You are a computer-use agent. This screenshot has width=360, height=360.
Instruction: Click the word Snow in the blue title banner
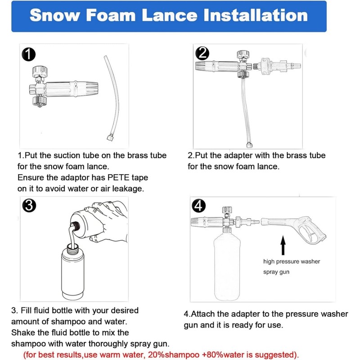[x=55, y=15]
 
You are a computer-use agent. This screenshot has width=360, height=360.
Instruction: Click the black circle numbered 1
[x=28, y=54]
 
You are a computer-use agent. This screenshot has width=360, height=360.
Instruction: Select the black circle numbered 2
[x=202, y=53]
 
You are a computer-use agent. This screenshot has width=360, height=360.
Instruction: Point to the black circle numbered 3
[x=29, y=206]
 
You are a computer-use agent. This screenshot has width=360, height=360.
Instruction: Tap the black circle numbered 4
[x=198, y=206]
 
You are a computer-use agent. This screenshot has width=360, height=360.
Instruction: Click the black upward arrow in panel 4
[x=283, y=245]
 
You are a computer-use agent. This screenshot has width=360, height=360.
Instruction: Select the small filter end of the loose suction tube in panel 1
[x=110, y=138]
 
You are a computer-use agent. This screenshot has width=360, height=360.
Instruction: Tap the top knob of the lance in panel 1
[x=40, y=72]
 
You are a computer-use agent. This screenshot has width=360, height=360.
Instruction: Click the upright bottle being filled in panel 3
[x=73, y=272]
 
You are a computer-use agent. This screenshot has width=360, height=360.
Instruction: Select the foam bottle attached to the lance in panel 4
[x=227, y=264]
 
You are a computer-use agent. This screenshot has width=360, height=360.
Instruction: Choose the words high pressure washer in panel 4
[x=292, y=261]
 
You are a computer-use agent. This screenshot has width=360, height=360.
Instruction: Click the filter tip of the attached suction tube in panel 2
[x=249, y=145]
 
